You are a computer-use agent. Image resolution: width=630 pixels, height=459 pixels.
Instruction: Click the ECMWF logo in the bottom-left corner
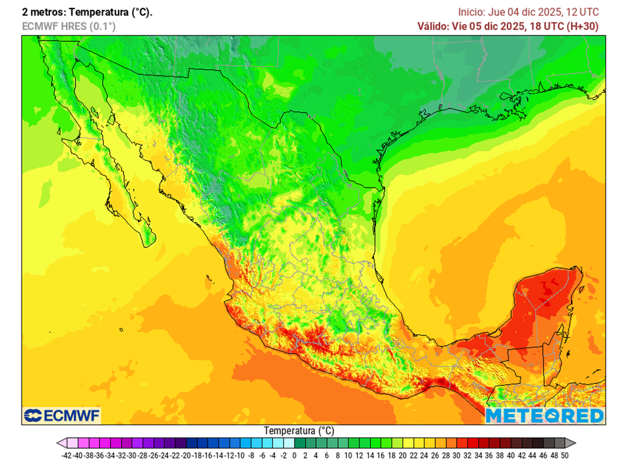click(x=61, y=415)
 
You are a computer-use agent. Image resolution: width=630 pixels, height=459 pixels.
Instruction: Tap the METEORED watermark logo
click(x=544, y=416)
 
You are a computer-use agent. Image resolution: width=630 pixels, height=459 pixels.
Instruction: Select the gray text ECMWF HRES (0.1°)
click(x=68, y=26)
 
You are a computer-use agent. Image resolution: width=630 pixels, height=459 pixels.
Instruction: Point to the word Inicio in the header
click(x=471, y=12)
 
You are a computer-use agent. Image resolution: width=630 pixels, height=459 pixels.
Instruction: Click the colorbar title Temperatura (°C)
click(x=299, y=431)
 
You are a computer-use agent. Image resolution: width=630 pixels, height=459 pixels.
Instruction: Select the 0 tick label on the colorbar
click(x=295, y=455)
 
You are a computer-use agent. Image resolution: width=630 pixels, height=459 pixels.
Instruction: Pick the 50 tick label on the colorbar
click(x=564, y=455)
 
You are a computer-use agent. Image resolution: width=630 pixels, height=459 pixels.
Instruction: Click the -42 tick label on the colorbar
click(x=67, y=455)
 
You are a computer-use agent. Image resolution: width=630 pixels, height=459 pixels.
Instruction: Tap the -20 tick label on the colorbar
click(x=186, y=455)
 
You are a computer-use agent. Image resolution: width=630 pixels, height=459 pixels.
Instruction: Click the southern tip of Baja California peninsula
click(x=148, y=244)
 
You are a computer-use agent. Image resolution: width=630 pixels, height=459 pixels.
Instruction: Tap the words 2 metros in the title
click(x=42, y=12)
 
